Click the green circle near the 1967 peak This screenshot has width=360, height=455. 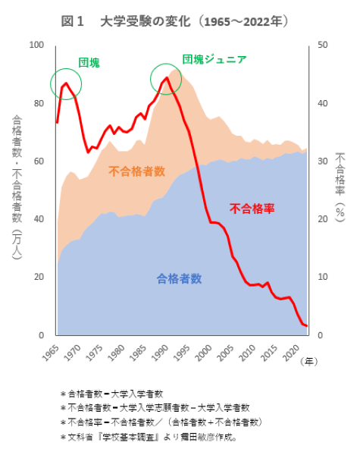tap(67, 83)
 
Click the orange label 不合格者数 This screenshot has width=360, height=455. tap(137, 171)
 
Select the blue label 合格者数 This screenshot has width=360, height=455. tap(179, 278)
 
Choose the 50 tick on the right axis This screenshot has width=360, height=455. tap(321, 45)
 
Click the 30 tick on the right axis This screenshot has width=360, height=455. tap(321, 162)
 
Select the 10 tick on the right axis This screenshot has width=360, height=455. tap(321, 277)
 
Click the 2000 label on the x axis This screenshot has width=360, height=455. tap(202, 351)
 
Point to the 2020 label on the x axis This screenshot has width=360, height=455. tap(289, 351)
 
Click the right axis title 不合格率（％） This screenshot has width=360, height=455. tap(340, 186)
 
